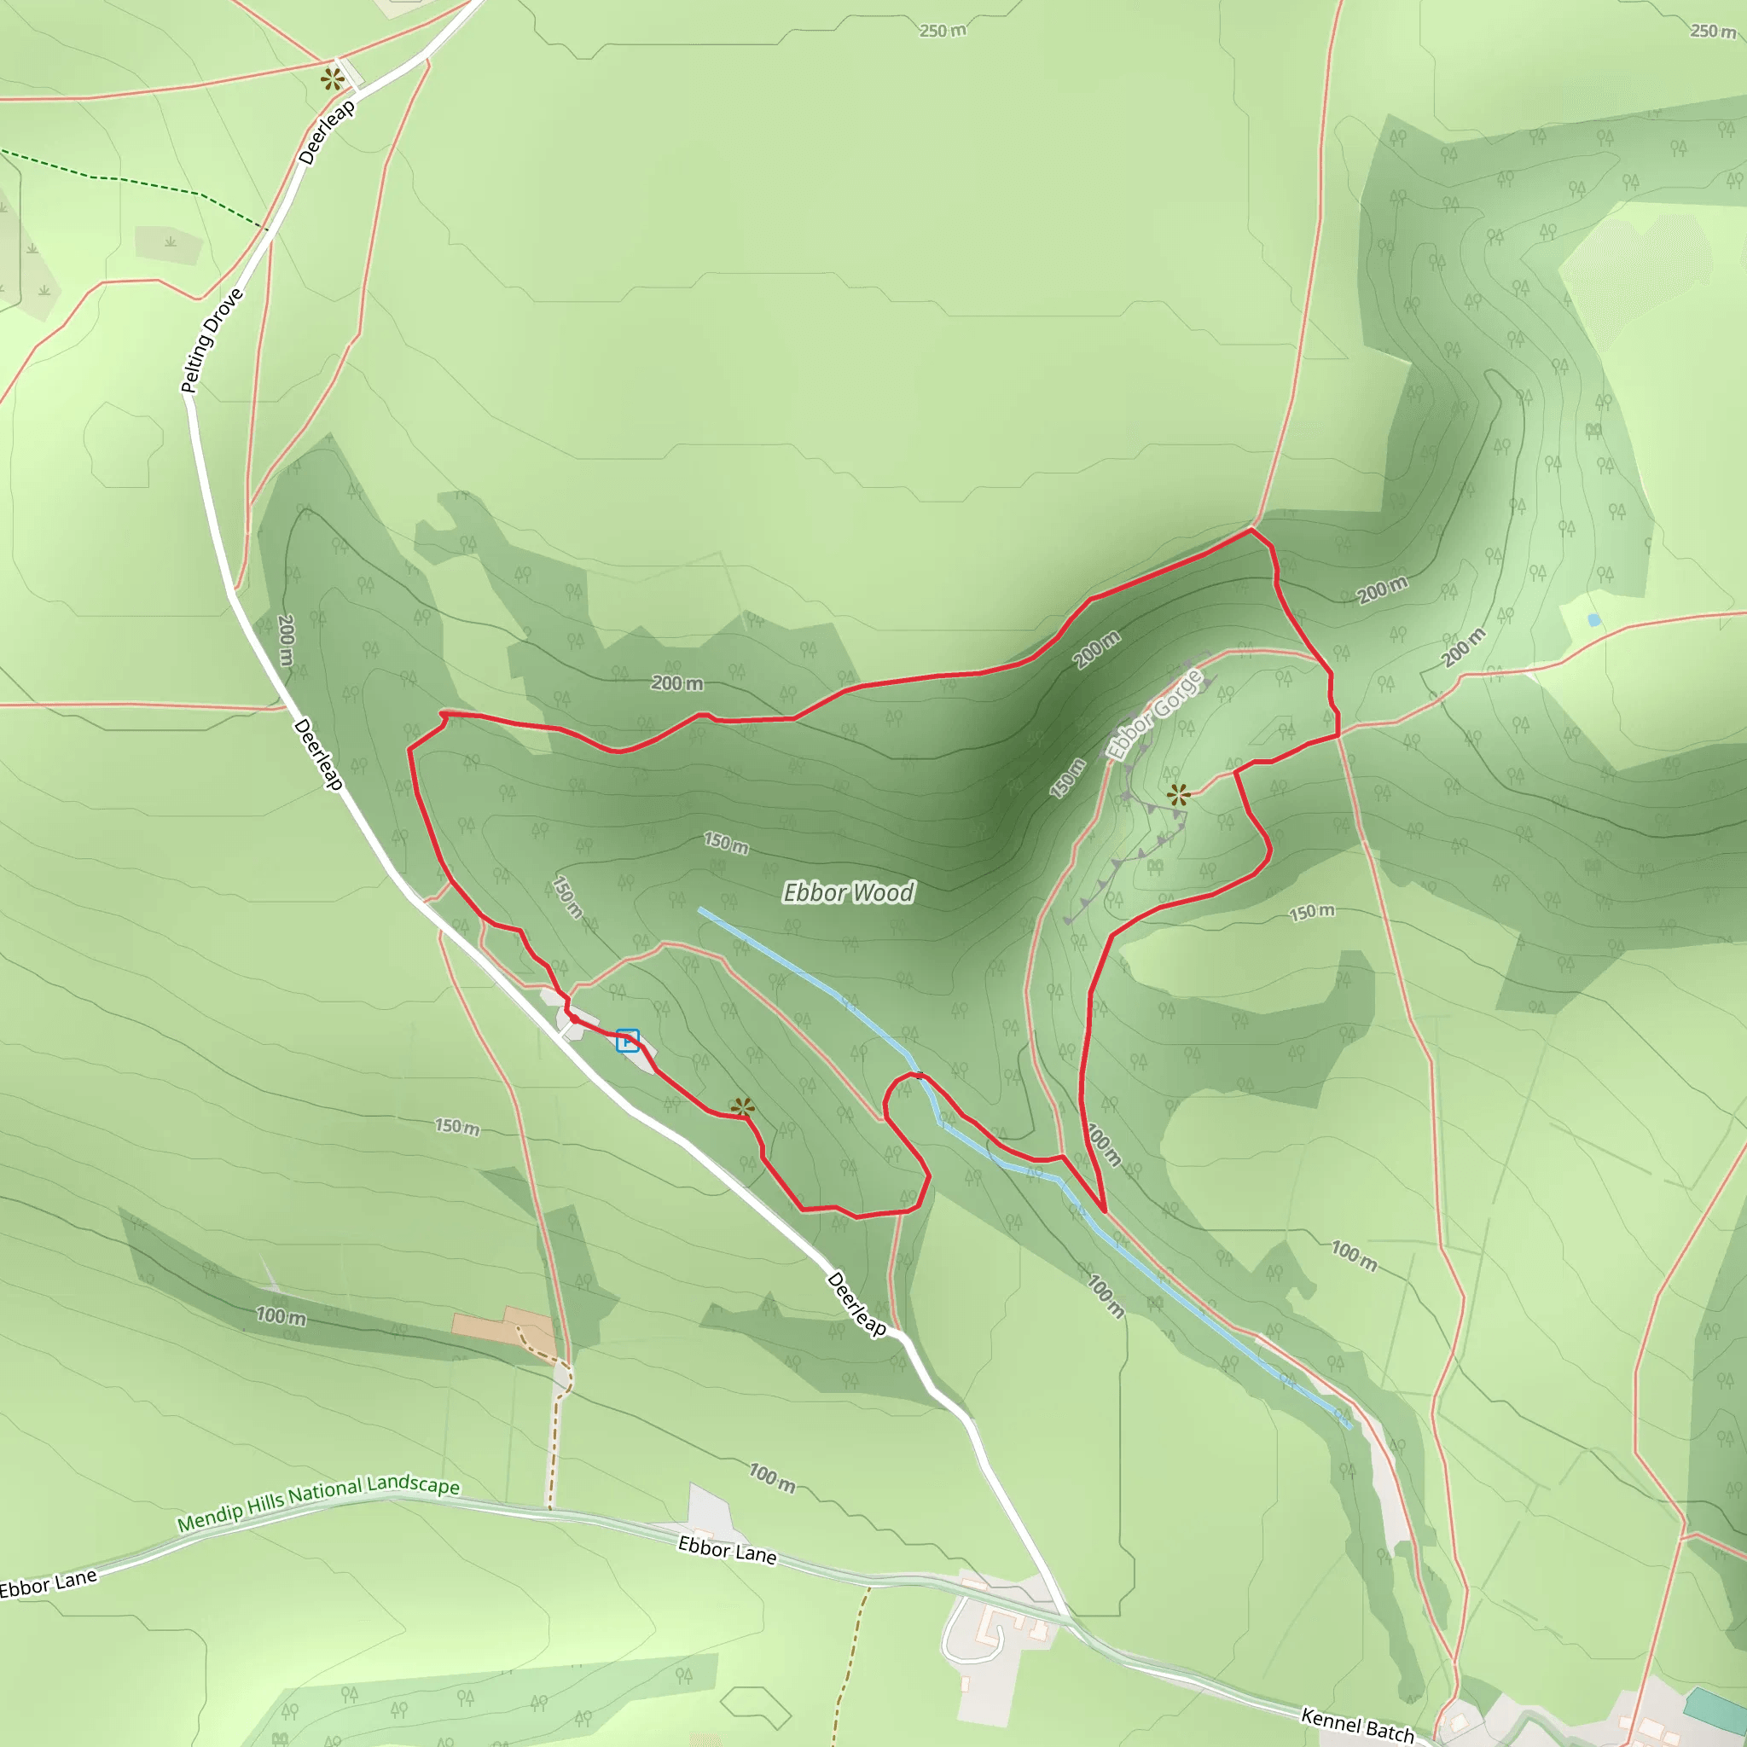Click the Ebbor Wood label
[x=848, y=893]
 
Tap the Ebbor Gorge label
[x=1155, y=714]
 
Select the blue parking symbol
[x=628, y=1041]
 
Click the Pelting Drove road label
[x=212, y=341]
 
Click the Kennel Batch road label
[x=1356, y=1724]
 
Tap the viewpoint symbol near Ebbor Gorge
[x=1177, y=796]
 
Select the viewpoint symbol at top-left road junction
[x=333, y=79]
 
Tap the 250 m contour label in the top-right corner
[x=1713, y=32]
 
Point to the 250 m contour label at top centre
[x=943, y=31]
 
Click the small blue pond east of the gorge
[x=1593, y=619]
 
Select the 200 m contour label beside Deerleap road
[x=286, y=641]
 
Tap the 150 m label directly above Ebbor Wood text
[x=726, y=844]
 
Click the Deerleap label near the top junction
[x=327, y=133]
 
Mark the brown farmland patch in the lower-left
[x=502, y=1326]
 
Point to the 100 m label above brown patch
[x=281, y=1316]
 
